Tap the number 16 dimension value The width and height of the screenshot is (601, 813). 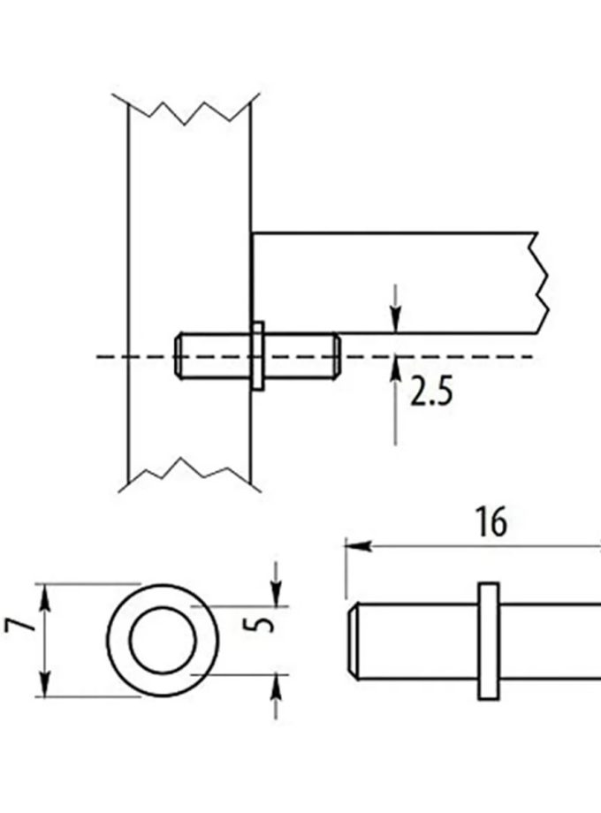[x=491, y=522]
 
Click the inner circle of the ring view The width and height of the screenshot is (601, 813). [x=163, y=639]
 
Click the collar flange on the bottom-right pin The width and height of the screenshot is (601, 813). [x=487, y=641]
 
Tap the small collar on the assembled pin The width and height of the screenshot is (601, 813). [x=257, y=355]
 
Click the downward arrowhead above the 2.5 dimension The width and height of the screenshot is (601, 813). [x=395, y=324]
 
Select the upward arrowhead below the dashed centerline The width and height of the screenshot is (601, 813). [x=395, y=365]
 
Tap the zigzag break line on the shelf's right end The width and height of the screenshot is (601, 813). [x=540, y=283]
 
